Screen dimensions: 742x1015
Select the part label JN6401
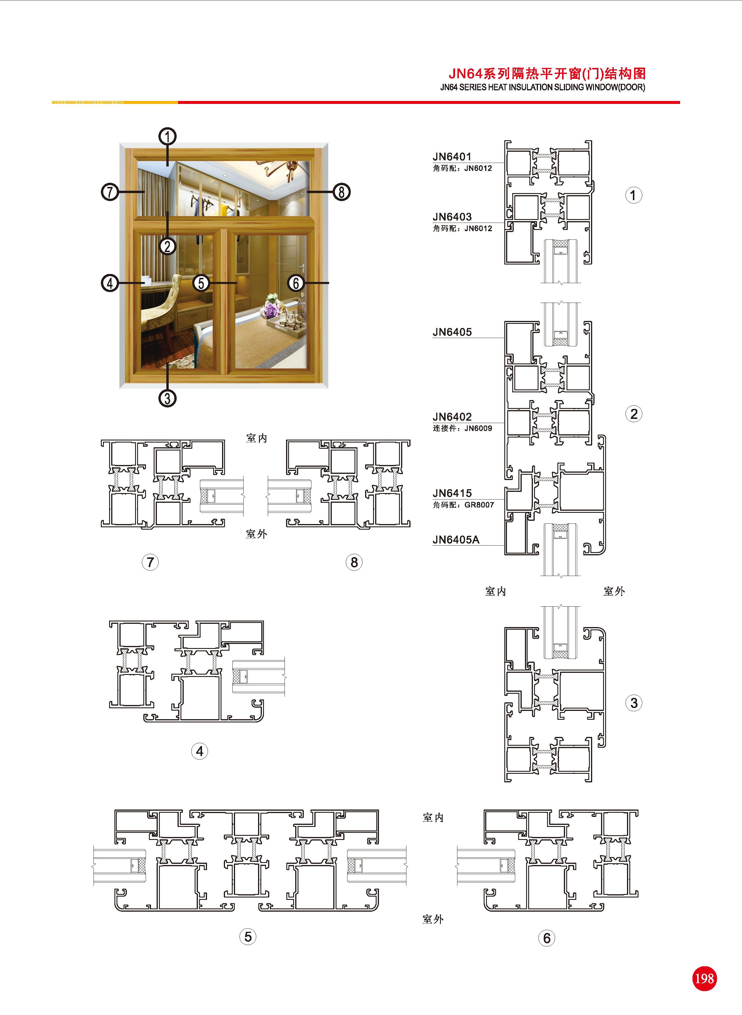click(452, 157)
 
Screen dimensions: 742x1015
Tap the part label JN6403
click(452, 217)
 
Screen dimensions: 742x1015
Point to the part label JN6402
click(452, 417)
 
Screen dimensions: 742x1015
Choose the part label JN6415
click(452, 493)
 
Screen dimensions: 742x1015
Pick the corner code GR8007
click(479, 505)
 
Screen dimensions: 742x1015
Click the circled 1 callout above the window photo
click(168, 136)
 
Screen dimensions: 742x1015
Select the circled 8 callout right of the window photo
click(342, 192)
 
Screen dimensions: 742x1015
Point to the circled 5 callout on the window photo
click(201, 283)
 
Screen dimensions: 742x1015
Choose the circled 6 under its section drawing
click(546, 938)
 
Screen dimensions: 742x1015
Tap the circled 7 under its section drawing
click(150, 562)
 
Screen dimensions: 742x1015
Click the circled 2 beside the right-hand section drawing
click(634, 414)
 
